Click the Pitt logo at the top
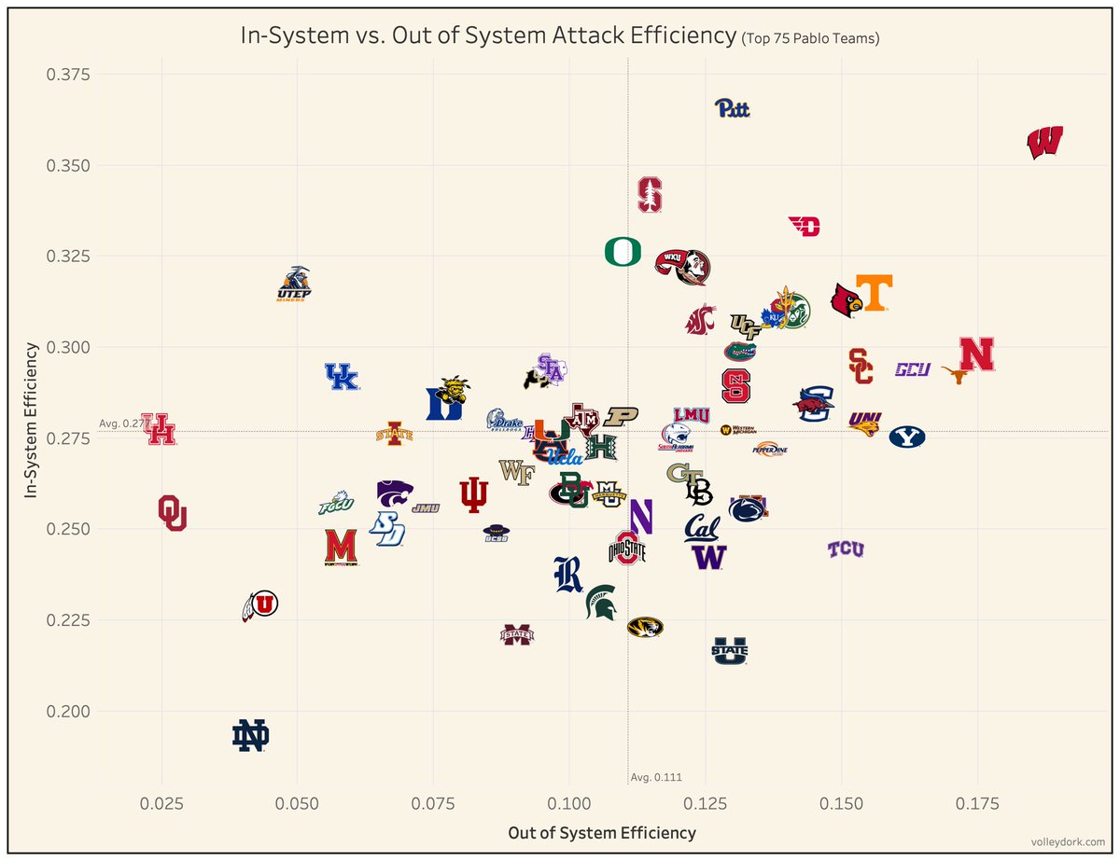[x=732, y=109]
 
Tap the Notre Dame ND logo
[x=251, y=736]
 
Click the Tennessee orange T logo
[x=874, y=292]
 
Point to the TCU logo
[x=846, y=549]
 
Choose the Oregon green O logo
[x=623, y=252]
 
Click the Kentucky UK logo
[x=341, y=376]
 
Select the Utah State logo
[x=729, y=649]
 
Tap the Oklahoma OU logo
[x=173, y=513]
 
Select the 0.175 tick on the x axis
[x=977, y=803]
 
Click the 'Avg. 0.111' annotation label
[x=650, y=777]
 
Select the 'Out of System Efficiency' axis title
[x=601, y=832]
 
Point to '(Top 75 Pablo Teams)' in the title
[x=811, y=39]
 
